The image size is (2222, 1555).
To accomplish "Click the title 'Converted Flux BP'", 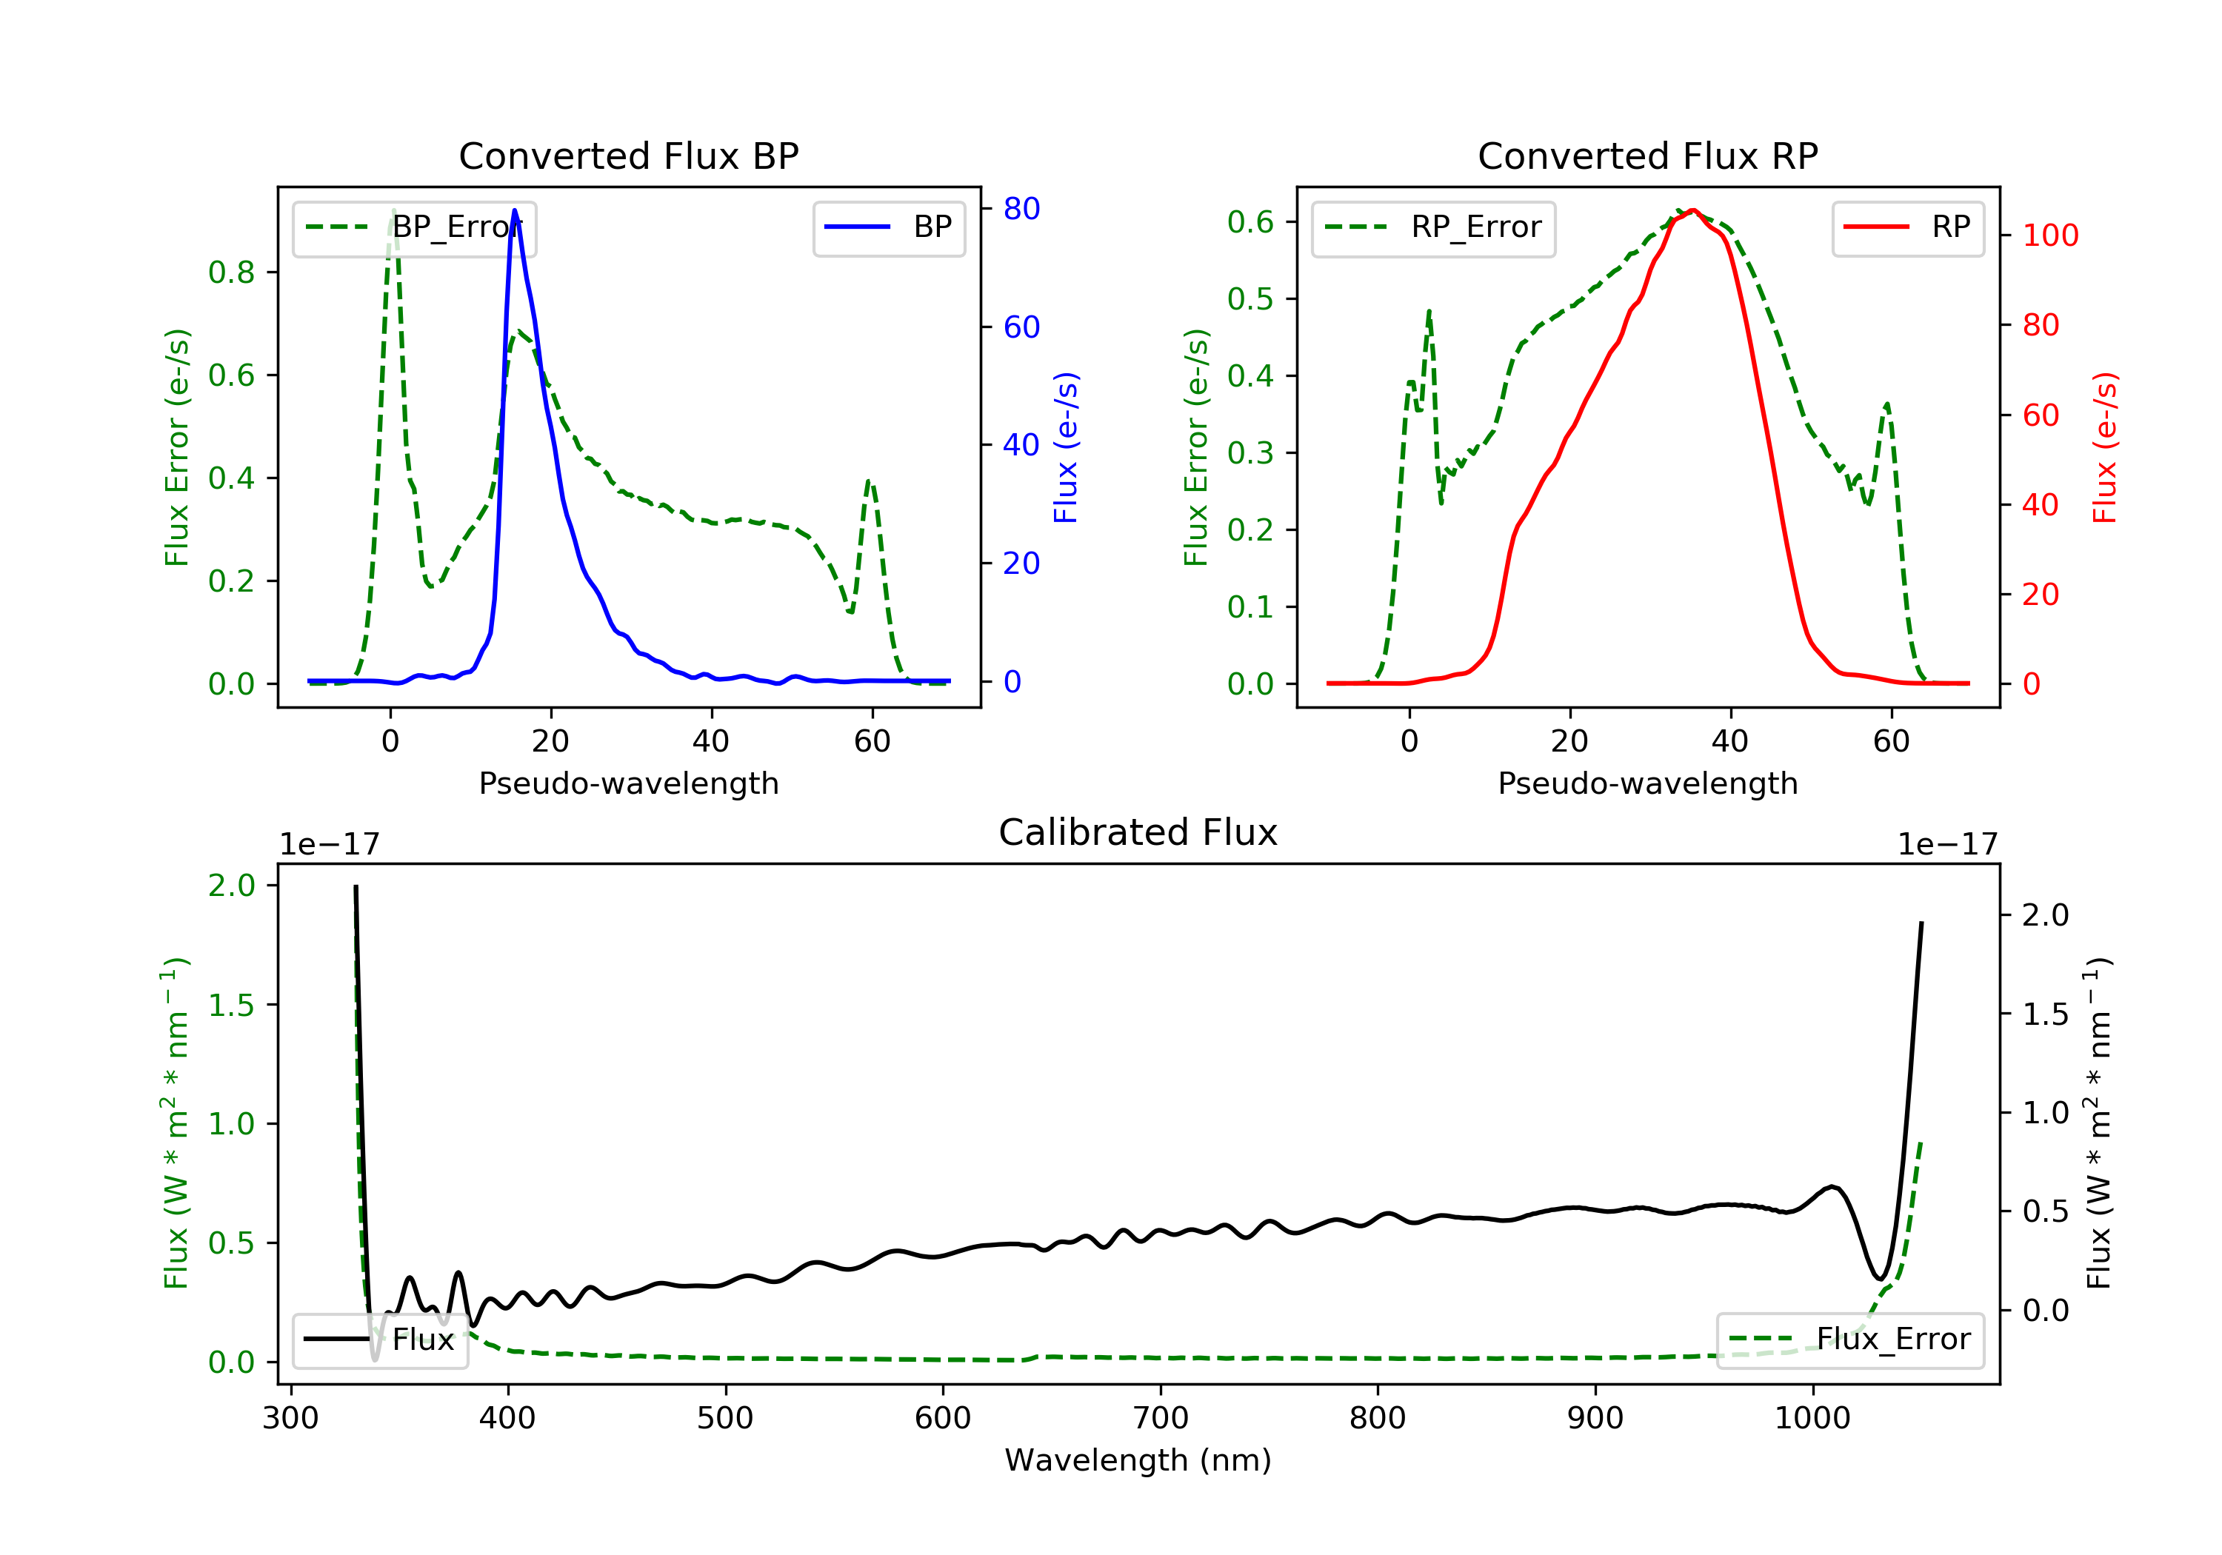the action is pos(628,155).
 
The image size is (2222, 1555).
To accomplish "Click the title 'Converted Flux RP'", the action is pos(1647,155).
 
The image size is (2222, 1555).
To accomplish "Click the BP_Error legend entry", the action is pos(414,227).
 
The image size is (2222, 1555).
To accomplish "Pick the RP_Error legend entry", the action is pos(1433,227).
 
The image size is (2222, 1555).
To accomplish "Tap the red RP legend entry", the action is pos(1907,227).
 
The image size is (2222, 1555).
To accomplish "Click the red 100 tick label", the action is pos(2049,235).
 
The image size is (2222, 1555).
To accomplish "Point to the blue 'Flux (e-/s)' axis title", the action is pos(1066,447).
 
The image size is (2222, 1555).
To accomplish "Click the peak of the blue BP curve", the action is pos(514,210).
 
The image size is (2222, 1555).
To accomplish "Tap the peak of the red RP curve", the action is pos(1692,211).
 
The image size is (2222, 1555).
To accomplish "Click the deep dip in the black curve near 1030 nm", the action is pos(1879,1278).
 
